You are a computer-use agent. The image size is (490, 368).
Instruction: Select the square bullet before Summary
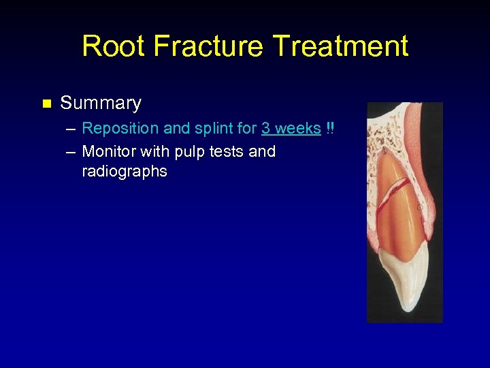[46, 104]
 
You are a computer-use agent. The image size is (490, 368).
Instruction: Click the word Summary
[101, 104]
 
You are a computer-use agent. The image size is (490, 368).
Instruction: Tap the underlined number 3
[266, 129]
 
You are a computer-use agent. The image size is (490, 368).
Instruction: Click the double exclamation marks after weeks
[330, 129]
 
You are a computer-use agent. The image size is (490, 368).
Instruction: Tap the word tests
[224, 151]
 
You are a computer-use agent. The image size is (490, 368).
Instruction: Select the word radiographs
[124, 172]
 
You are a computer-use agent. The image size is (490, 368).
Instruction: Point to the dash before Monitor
[71, 152]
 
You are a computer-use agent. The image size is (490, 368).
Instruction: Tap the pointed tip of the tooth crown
[409, 309]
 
